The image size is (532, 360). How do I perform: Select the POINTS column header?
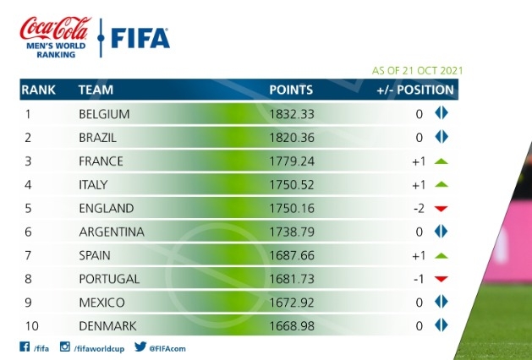click(x=291, y=90)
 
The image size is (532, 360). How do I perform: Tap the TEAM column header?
click(x=96, y=90)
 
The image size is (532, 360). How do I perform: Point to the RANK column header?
click(x=37, y=90)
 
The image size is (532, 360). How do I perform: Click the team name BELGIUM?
click(x=104, y=113)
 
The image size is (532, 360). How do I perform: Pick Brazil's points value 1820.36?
click(x=291, y=137)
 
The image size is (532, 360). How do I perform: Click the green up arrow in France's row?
click(x=440, y=161)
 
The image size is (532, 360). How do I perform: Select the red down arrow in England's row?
click(x=440, y=209)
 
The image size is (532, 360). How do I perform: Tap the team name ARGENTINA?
click(x=111, y=232)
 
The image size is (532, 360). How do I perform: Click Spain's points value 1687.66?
click(x=291, y=255)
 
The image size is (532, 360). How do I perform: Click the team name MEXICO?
click(x=101, y=303)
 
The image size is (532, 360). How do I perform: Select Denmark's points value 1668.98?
click(x=291, y=325)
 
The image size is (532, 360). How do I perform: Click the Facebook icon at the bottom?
click(x=24, y=346)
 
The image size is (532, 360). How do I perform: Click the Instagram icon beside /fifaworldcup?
click(x=64, y=346)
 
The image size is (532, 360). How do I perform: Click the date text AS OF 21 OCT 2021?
click(x=418, y=71)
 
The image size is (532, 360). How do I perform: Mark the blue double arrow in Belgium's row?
click(x=440, y=113)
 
